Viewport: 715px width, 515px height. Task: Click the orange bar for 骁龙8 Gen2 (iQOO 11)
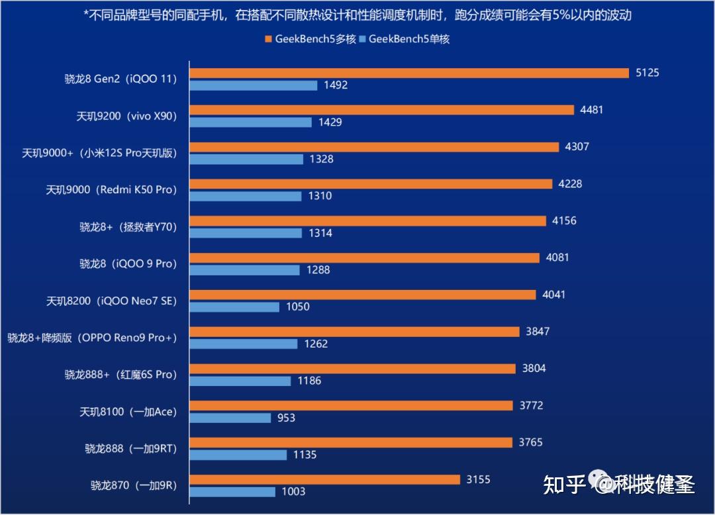(409, 73)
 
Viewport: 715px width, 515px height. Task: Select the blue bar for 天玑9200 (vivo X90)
(250, 122)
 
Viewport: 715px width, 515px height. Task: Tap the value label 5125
(647, 73)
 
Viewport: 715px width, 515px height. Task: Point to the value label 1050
(297, 307)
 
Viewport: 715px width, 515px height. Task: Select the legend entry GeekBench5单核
(408, 39)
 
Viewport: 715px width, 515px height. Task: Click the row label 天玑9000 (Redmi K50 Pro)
(111, 190)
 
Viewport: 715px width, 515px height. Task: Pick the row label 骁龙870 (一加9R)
(134, 485)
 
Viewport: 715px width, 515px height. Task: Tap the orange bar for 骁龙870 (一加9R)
(324, 479)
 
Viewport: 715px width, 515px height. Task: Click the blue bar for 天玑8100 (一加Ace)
(230, 418)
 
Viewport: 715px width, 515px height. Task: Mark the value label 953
(286, 418)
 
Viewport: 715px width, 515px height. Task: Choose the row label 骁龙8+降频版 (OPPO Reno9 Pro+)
(93, 338)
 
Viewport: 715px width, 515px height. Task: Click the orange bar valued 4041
(363, 295)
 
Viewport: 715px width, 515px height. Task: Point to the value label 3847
(538, 332)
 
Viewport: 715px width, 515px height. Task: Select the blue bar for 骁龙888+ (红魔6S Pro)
(240, 381)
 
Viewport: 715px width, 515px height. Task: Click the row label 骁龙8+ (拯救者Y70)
(128, 227)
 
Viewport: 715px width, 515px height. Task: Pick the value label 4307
(577, 147)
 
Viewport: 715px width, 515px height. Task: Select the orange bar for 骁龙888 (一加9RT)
(351, 442)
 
